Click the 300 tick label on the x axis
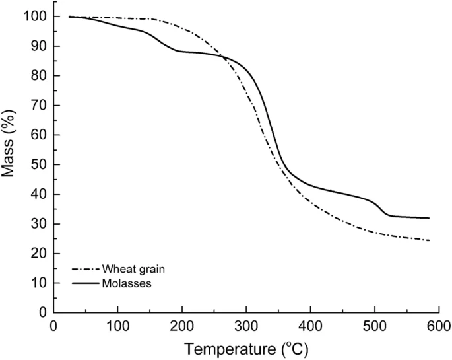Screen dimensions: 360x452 click(x=246, y=326)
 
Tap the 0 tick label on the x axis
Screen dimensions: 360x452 click(x=54, y=326)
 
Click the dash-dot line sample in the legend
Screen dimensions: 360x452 click(x=84, y=270)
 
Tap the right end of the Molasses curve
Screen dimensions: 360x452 click(x=429, y=218)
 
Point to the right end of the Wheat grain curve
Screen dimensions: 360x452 click(x=429, y=240)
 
